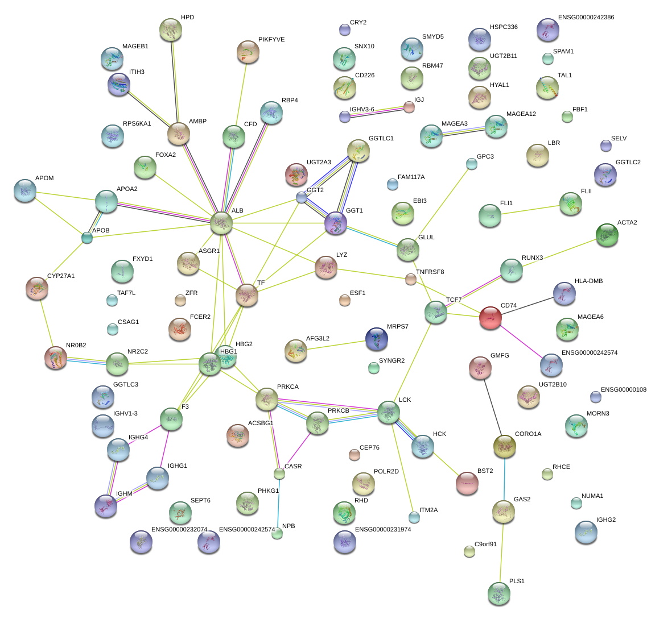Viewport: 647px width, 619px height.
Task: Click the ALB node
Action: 221,223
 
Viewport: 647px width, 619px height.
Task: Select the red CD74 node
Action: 490,318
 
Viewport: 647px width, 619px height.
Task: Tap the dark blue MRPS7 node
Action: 376,339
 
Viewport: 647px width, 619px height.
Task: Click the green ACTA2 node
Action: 607,235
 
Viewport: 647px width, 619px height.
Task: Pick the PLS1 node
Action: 499,593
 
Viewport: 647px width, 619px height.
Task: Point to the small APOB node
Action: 86,238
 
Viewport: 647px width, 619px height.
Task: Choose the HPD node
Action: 170,30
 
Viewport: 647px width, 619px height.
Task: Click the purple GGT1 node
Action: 335,223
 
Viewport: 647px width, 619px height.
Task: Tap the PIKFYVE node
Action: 248,52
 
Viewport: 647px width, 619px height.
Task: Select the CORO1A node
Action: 504,446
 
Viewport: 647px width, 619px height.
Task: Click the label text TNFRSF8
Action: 430,272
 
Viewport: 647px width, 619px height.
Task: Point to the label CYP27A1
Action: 61,276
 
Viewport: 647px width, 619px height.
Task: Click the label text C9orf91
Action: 485,544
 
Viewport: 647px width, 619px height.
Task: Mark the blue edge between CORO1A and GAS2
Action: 504,479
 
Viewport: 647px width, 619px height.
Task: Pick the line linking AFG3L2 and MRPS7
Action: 336,346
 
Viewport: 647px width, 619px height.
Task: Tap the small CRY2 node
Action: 344,30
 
